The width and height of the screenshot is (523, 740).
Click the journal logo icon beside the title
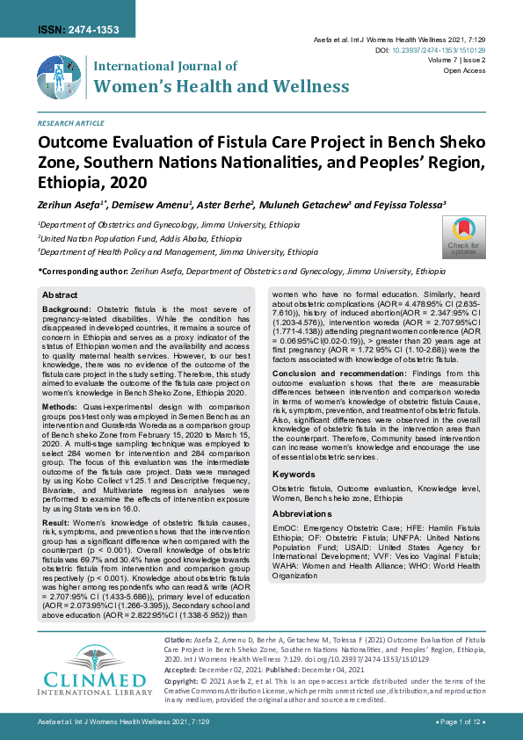point(59,76)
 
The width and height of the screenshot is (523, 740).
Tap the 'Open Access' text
point(465,70)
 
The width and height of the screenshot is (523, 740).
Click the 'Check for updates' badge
point(463,236)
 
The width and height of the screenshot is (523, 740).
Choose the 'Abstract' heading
point(60,295)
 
